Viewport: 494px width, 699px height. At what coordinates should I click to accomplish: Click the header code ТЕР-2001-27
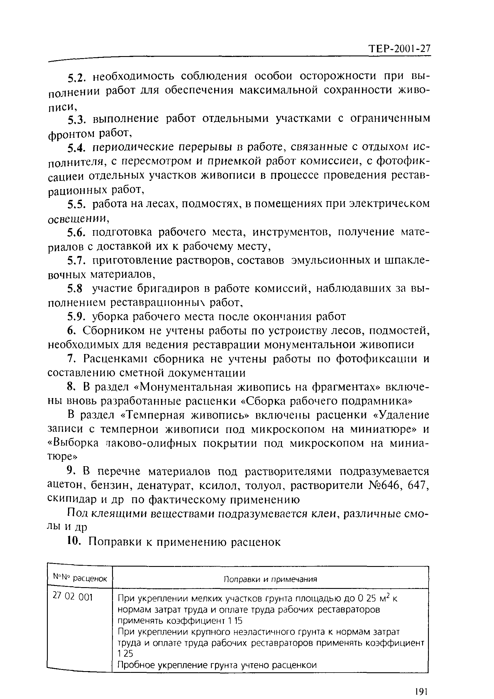click(x=400, y=49)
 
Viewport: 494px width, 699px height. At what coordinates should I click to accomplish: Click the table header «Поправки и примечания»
click(x=270, y=579)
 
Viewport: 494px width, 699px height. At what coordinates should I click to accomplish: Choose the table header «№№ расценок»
click(x=80, y=577)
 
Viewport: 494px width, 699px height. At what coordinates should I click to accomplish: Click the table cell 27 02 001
click(x=72, y=597)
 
